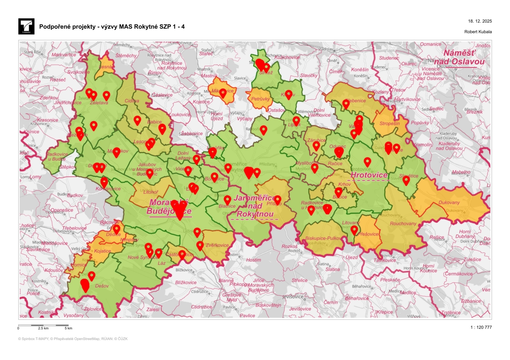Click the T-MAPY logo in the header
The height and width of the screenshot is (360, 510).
coord(26,27)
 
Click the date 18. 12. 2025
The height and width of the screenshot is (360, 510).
coord(480,21)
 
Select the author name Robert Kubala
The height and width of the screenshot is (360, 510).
coord(478,32)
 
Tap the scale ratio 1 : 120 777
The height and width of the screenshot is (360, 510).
coord(481,327)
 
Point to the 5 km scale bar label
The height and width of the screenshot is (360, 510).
coord(68,328)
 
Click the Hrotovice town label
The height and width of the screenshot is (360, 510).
coord(369,175)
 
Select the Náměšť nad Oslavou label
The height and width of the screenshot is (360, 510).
coord(459,57)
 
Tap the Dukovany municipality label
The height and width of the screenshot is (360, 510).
coord(449,203)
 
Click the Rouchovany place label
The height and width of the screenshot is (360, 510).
coord(403,223)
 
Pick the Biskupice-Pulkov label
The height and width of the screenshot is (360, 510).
coord(323,238)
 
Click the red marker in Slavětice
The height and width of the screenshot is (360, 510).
coord(406,179)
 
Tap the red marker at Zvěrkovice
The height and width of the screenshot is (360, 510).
coord(200,245)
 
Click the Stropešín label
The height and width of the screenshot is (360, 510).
coord(389,124)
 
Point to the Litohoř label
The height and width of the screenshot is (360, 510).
coord(150,192)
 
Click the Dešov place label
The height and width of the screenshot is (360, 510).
coord(102,286)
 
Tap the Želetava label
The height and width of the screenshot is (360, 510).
coord(99,103)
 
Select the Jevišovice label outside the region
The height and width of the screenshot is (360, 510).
coord(300,309)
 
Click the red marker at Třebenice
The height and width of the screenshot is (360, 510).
coord(346,104)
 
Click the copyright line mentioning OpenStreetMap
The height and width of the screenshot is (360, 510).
coord(73,339)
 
